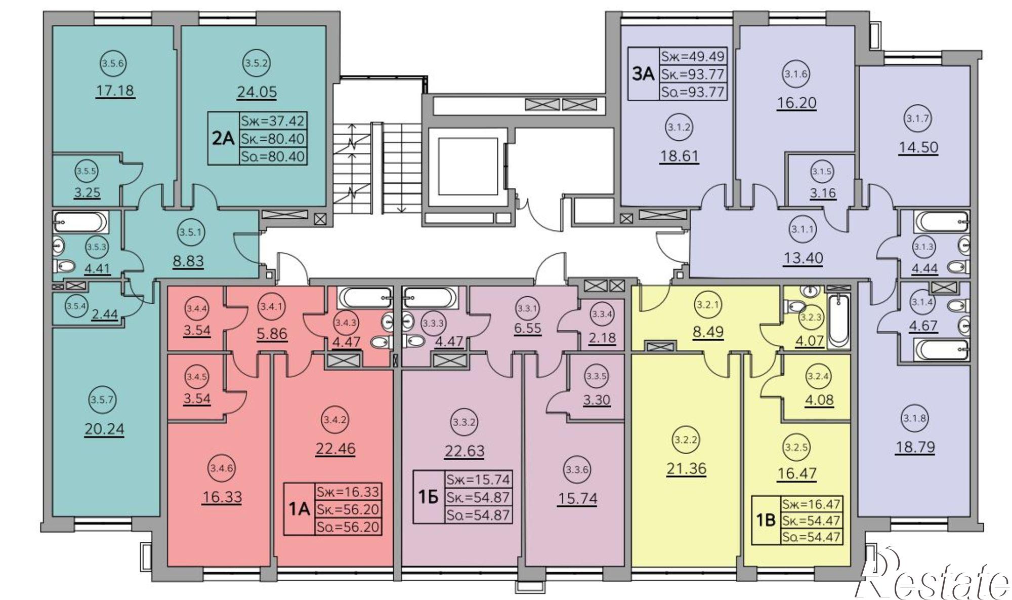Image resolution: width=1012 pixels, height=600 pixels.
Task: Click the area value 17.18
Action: pyautogui.click(x=115, y=91)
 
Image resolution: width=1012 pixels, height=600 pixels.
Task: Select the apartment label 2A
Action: pyautogui.click(x=223, y=138)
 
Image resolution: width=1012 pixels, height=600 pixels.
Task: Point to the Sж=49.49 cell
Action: pyautogui.click(x=693, y=56)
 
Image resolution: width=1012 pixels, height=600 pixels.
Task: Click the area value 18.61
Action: pyautogui.click(x=679, y=155)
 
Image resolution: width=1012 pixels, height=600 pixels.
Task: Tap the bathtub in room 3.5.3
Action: pyautogui.click(x=80, y=222)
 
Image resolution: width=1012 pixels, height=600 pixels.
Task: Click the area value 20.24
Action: pyautogui.click(x=105, y=429)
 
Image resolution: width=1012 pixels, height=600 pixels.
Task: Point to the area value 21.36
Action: pyautogui.click(x=686, y=468)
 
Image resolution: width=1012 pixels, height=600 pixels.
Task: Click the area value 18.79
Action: pyautogui.click(x=915, y=447)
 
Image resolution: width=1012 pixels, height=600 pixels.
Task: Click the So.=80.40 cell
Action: pyautogui.click(x=273, y=156)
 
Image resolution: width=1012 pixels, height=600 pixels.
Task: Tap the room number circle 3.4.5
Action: pyautogui.click(x=193, y=377)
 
